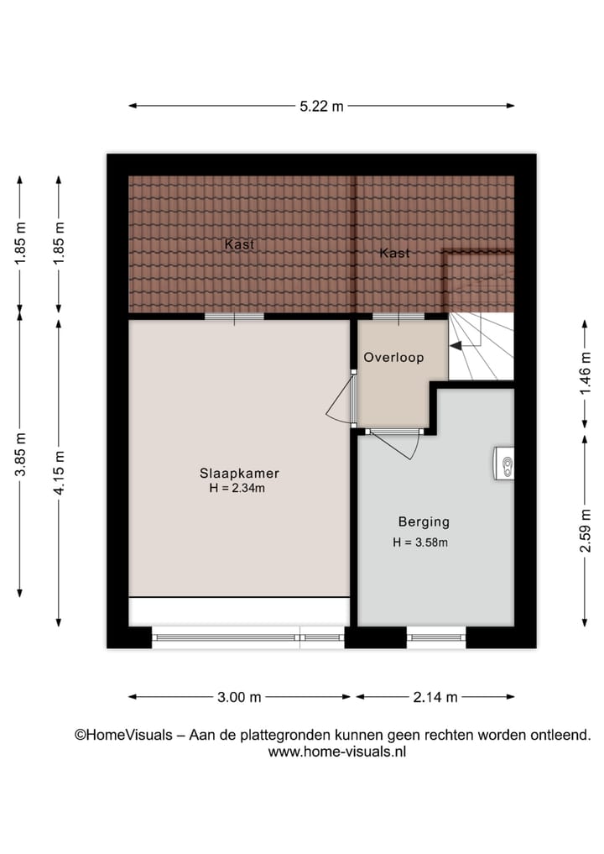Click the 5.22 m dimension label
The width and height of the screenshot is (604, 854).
321,106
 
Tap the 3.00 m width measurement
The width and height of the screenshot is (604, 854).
239,696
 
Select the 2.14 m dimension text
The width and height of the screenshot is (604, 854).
435,696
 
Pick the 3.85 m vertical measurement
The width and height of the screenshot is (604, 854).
20,454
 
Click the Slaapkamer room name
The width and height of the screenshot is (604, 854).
239,472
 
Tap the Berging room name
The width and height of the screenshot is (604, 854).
424,521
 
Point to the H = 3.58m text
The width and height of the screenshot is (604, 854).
420,542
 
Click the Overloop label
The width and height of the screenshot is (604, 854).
393,358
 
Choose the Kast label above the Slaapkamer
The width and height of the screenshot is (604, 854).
239,244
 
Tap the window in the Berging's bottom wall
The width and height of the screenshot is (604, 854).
435,637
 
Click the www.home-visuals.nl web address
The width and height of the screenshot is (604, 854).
336,752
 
